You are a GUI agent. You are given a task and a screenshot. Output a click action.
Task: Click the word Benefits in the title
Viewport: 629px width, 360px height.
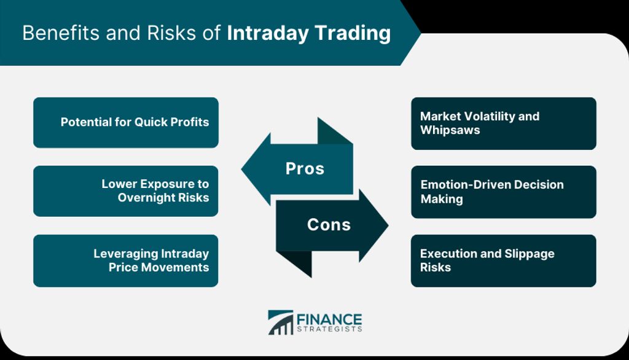61,33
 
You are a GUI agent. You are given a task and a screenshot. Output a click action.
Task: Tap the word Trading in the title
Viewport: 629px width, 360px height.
353,34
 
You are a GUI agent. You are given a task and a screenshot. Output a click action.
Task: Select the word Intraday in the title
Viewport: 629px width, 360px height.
268,34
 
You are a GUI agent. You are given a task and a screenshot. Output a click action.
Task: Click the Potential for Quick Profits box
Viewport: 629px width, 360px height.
126,122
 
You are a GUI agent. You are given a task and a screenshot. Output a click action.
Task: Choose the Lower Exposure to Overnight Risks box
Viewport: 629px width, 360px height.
126,191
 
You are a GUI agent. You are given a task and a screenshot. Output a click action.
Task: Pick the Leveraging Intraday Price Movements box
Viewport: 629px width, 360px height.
126,260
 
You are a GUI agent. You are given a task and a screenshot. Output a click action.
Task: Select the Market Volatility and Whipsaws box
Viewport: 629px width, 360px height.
504,123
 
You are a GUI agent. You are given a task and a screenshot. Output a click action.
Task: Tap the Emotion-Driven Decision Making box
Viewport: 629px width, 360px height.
504,192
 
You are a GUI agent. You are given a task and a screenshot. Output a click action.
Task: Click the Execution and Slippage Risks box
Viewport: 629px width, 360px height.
504,260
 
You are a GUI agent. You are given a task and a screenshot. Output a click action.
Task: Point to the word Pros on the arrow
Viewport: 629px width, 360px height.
305,168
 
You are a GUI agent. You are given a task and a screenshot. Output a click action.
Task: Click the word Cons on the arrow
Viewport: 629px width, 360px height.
329,225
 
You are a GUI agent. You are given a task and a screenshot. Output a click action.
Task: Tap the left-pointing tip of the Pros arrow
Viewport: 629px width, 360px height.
241,169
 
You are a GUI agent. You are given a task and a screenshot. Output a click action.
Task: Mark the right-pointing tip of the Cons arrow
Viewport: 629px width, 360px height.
388,225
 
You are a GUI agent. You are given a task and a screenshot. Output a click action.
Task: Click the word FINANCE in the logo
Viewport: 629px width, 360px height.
329,320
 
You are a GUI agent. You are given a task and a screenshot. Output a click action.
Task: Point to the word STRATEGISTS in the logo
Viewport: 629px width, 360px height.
329,329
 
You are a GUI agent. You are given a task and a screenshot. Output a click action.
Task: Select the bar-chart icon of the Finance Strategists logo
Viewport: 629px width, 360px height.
280,323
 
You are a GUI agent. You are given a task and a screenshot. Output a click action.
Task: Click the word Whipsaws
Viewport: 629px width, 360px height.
450,130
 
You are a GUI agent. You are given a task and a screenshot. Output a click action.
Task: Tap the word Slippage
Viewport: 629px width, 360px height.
529,254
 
